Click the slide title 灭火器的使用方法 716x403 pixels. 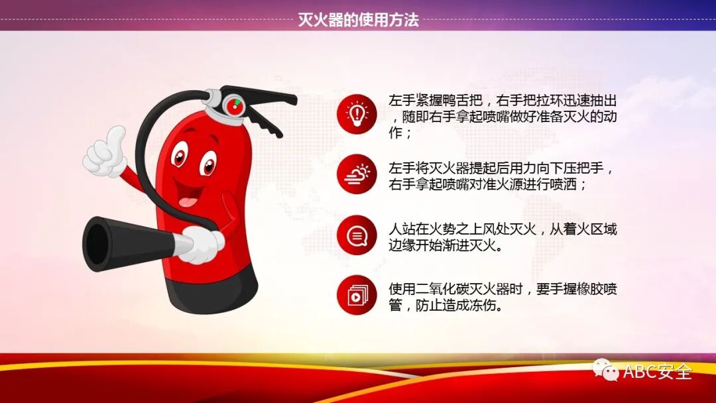click(x=358, y=20)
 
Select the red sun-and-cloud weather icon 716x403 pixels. click(x=357, y=174)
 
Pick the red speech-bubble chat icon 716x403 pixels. click(x=357, y=235)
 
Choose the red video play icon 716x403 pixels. click(x=357, y=295)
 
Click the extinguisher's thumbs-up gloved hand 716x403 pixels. click(x=106, y=154)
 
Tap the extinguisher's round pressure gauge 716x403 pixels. click(x=233, y=105)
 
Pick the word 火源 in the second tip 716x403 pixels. click(x=507, y=184)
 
